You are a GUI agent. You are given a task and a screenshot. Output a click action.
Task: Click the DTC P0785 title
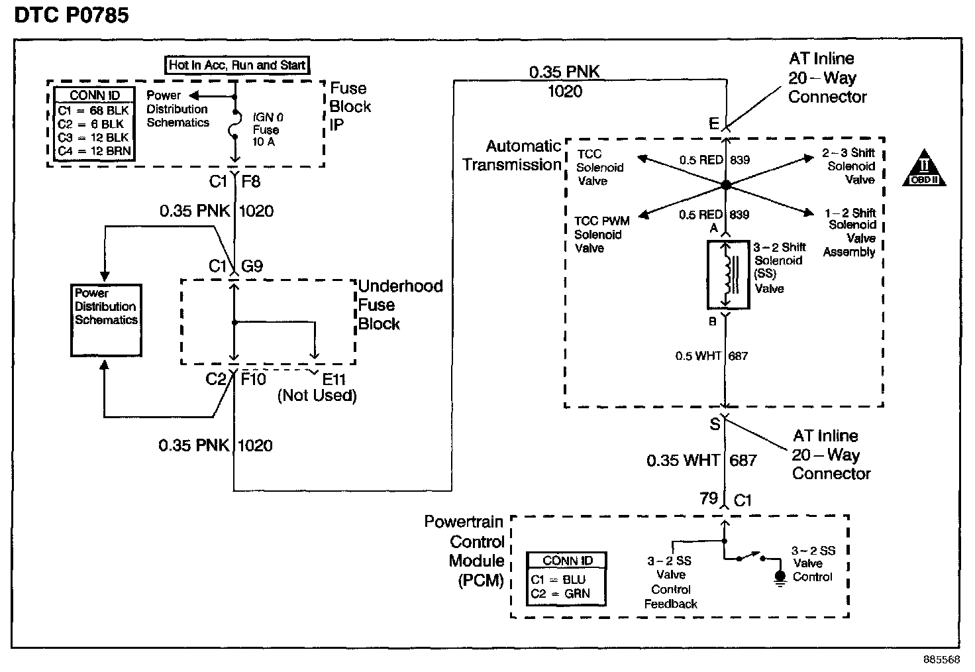pyautogui.click(x=72, y=15)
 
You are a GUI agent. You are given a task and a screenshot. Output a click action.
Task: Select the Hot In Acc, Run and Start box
pyautogui.click(x=237, y=66)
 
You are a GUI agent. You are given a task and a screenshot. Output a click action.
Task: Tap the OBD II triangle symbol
pyautogui.click(x=923, y=168)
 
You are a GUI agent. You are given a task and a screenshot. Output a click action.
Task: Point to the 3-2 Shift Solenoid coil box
pyautogui.click(x=728, y=275)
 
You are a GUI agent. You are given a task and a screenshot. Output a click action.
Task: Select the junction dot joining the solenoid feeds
pyautogui.click(x=725, y=185)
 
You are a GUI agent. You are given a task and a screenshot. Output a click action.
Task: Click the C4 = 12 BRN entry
pyautogui.click(x=95, y=151)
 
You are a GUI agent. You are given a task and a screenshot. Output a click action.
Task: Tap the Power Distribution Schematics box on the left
pyautogui.click(x=106, y=321)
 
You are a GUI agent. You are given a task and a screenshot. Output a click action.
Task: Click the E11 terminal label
pyautogui.click(x=334, y=379)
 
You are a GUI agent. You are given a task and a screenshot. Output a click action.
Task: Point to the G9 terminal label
pyautogui.click(x=252, y=266)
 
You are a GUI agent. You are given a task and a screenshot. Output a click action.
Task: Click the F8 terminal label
pyautogui.click(x=251, y=181)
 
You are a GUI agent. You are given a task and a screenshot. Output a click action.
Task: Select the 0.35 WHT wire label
pyautogui.click(x=682, y=461)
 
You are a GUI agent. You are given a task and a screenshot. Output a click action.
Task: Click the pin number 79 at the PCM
pyautogui.click(x=709, y=498)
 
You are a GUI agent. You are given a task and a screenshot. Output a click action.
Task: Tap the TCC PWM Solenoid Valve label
pyautogui.click(x=601, y=235)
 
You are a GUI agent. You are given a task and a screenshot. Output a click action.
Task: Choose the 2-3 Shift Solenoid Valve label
pyautogui.click(x=848, y=166)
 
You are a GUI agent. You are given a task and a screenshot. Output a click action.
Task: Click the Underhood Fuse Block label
pyautogui.click(x=400, y=305)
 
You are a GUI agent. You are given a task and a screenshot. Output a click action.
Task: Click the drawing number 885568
pyautogui.click(x=941, y=659)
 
